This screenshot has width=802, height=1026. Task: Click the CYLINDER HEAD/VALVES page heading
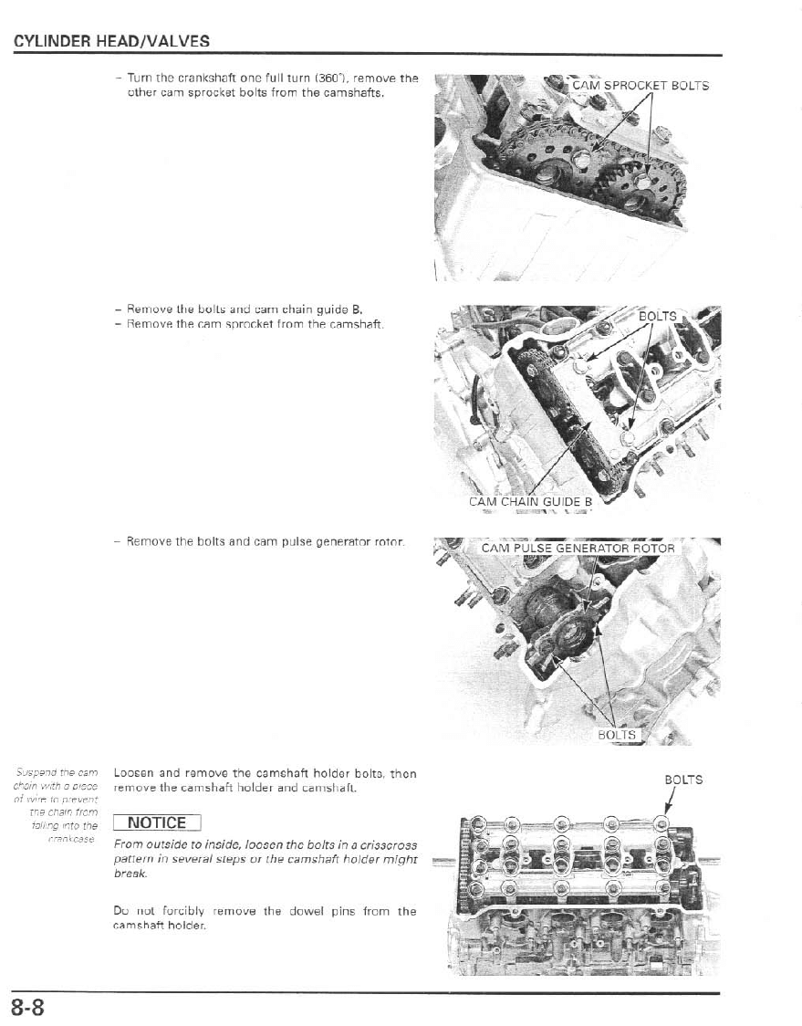pyautogui.click(x=111, y=41)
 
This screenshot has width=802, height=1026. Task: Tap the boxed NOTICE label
pyautogui.click(x=157, y=822)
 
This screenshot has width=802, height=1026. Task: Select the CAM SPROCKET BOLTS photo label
pyautogui.click(x=640, y=87)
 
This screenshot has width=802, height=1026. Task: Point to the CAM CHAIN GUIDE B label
pyautogui.click(x=530, y=501)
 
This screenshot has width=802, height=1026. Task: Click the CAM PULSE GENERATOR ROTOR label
pyautogui.click(x=578, y=549)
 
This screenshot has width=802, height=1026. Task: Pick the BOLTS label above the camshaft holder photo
pyautogui.click(x=683, y=780)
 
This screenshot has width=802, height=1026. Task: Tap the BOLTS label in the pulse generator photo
pyautogui.click(x=618, y=734)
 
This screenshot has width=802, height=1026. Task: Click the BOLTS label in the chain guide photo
pyautogui.click(x=657, y=317)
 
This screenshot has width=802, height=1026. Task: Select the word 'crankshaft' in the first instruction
pyautogui.click(x=186, y=79)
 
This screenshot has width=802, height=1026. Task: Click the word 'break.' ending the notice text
pyautogui.click(x=130, y=874)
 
